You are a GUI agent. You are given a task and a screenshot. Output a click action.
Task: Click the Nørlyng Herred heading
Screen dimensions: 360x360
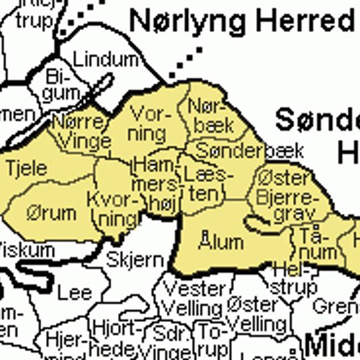[x=241, y=21]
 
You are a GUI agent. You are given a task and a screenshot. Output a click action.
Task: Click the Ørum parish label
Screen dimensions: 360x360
[x=51, y=213]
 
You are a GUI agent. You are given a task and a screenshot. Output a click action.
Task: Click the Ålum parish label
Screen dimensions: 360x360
[x=221, y=241]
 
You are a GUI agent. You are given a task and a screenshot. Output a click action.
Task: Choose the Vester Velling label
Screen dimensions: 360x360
[x=193, y=299]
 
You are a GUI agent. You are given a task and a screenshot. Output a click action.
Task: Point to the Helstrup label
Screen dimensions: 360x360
[x=293, y=281]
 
